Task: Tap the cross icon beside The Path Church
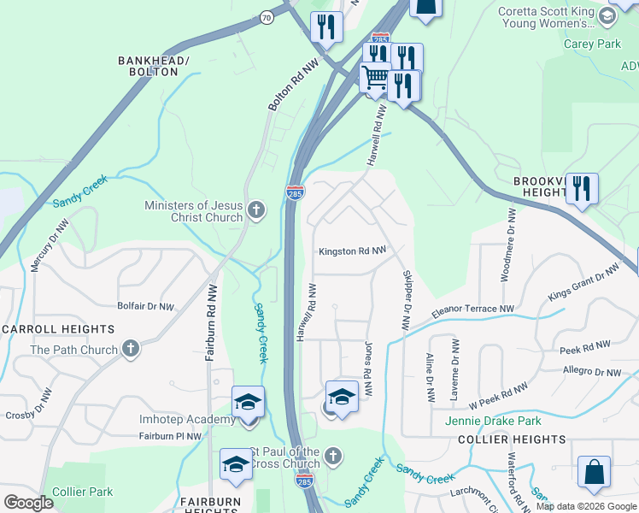pos(130,349)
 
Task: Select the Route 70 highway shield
pos(267,16)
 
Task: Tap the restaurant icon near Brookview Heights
pos(582,189)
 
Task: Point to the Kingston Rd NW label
pos(352,251)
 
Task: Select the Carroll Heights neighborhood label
pos(59,329)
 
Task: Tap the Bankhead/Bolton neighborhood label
pos(153,66)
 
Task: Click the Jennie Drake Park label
pos(493,421)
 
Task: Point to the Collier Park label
pos(82,492)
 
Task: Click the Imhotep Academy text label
pos(187,419)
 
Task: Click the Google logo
pos(28,503)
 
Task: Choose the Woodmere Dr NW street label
pos(512,246)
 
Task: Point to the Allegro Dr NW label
pos(592,372)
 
